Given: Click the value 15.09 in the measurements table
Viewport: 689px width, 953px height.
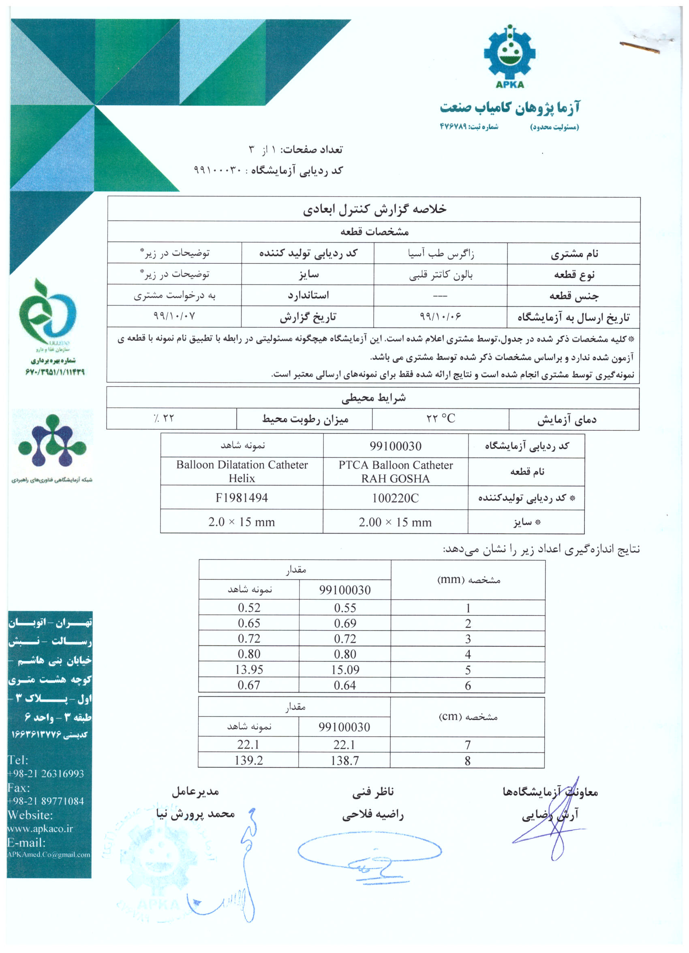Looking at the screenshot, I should (345, 670).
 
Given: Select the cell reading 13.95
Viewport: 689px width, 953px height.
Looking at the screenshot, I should (249, 669).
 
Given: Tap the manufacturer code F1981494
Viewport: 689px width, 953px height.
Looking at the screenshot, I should (242, 498).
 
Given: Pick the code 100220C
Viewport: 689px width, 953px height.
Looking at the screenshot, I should (395, 498).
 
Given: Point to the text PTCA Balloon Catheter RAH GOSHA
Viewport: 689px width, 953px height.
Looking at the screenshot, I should (396, 472).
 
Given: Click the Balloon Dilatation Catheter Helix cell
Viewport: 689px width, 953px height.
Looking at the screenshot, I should (242, 472).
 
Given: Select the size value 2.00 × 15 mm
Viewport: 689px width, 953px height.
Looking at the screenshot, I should (395, 522).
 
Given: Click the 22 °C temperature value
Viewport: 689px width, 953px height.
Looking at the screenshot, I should (441, 419).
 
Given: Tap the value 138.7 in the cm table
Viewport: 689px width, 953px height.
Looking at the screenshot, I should (345, 761).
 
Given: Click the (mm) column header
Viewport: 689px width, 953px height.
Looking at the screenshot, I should (469, 580).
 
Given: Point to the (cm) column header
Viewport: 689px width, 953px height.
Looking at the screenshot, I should (468, 717).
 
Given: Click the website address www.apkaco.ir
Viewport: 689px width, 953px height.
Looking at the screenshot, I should (41, 829).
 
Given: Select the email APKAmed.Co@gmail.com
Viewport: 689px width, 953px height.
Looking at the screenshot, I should (49, 855).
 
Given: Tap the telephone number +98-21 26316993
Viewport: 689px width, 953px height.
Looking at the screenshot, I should (46, 774).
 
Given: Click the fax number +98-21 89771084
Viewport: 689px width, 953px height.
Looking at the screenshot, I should (46, 801).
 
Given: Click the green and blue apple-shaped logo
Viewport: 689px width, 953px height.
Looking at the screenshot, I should (47, 311).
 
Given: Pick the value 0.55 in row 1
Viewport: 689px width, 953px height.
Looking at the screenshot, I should (345, 608).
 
